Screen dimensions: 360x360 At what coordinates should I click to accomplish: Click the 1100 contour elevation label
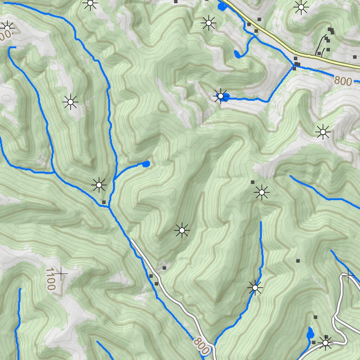tap(50, 279)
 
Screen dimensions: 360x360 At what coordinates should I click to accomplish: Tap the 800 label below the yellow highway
tap(343, 81)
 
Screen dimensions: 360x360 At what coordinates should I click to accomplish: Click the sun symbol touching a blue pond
tap(220, 96)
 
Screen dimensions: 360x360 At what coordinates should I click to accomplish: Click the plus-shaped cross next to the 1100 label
tap(61, 274)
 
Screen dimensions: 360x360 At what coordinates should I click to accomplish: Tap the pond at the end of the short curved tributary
tap(146, 163)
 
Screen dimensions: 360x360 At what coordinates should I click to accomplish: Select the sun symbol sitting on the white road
tap(326, 342)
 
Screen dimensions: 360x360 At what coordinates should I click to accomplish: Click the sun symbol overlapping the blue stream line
tap(255, 288)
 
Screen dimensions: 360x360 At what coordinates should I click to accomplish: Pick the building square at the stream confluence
tap(104, 202)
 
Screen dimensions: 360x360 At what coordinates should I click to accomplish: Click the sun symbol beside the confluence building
tap(99, 185)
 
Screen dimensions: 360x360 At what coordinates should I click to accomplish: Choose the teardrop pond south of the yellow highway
tap(237, 54)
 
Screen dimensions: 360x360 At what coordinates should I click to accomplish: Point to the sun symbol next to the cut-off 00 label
tap(7, 27)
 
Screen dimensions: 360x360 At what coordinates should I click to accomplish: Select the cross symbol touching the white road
tap(348, 275)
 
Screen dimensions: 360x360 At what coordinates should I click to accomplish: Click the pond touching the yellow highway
tap(221, 6)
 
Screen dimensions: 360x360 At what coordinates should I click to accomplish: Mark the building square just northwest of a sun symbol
tap(252, 182)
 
